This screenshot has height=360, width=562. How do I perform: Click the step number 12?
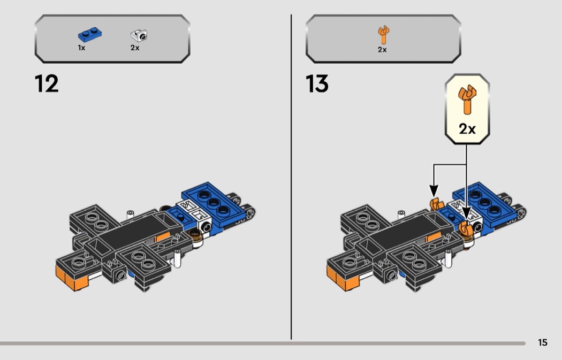(47, 84)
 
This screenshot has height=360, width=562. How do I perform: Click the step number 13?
(317, 84)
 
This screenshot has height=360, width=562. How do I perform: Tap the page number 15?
(543, 342)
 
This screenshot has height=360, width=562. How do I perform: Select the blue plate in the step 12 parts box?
(89, 35)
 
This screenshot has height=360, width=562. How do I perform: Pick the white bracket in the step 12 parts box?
(139, 35)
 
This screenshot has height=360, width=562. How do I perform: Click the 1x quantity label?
(81, 48)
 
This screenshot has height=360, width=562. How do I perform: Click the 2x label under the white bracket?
(135, 48)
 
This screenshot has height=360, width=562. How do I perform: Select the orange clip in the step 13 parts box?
(383, 35)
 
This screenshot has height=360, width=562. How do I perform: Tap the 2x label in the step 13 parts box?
(382, 49)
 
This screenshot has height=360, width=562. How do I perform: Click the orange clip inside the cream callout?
(467, 99)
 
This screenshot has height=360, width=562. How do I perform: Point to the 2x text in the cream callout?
(467, 128)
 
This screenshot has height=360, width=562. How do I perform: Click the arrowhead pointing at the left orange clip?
(434, 190)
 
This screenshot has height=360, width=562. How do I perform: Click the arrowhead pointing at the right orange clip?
(466, 213)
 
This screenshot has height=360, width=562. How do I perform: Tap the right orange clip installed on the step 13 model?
(466, 228)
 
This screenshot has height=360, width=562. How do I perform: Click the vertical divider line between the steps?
(291, 177)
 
